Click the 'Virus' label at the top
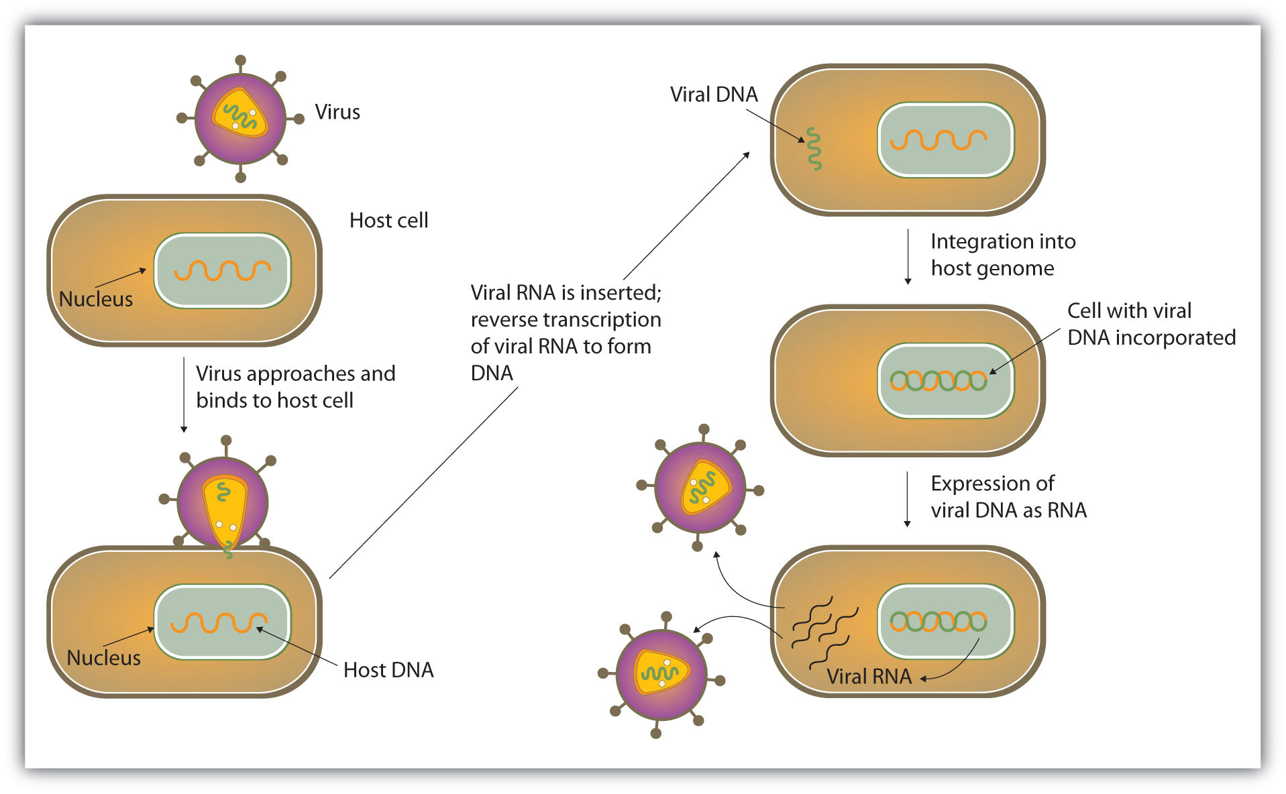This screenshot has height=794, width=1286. point(337,112)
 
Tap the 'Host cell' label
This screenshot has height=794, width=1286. point(388,221)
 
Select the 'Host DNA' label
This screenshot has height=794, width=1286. point(388,670)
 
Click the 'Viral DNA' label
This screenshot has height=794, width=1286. point(714,95)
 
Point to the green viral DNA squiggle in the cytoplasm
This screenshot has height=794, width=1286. point(814,149)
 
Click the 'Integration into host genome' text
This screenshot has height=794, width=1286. point(1002,255)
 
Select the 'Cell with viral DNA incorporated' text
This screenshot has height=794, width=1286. point(1150,324)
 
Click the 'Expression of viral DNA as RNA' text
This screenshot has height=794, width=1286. point(1008,497)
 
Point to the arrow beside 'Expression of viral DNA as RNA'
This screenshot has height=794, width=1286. point(907,499)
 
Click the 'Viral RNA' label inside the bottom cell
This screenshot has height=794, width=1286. point(869,677)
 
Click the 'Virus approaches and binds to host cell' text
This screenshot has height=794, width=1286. point(295,387)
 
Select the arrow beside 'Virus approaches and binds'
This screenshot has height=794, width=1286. point(184,395)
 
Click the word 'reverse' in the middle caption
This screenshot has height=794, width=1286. point(504,320)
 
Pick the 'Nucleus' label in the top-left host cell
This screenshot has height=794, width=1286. point(96,299)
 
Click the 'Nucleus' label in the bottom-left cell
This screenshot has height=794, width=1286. point(103,658)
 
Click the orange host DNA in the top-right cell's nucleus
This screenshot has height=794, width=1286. point(937,139)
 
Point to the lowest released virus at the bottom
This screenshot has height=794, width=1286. point(661,673)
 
